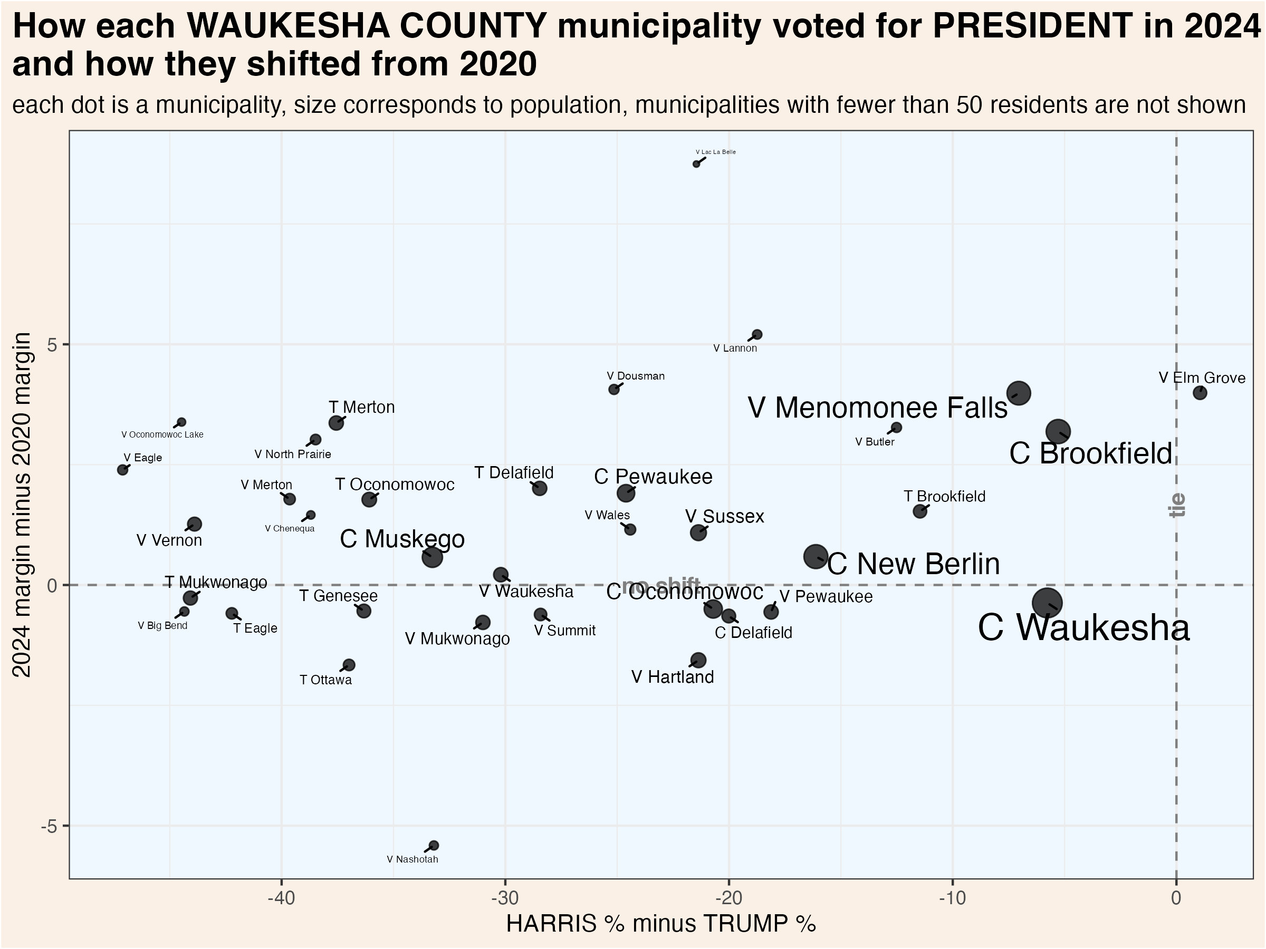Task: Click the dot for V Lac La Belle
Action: pyautogui.click(x=696, y=164)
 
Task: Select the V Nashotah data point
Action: pyautogui.click(x=434, y=846)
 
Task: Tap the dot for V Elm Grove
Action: pyautogui.click(x=1200, y=393)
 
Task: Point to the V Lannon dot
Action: pyautogui.click(x=756, y=335)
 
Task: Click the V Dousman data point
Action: pyautogui.click(x=614, y=390)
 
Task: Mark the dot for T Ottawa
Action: pyautogui.click(x=349, y=665)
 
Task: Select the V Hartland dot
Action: pyautogui.click(x=698, y=661)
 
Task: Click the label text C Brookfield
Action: pyautogui.click(x=1090, y=453)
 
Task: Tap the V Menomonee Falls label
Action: pyautogui.click(x=877, y=408)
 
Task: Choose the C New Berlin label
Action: pyautogui.click(x=914, y=564)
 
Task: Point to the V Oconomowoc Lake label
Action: pyautogui.click(x=162, y=435)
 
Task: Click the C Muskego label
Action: pyautogui.click(x=402, y=539)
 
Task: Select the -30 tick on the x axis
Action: pyautogui.click(x=505, y=897)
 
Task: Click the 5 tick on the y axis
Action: pyautogui.click(x=54, y=345)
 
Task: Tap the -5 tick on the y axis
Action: pyautogui.click(x=50, y=826)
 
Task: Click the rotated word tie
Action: pyautogui.click(x=1177, y=505)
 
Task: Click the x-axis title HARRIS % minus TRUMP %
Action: pyautogui.click(x=660, y=924)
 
